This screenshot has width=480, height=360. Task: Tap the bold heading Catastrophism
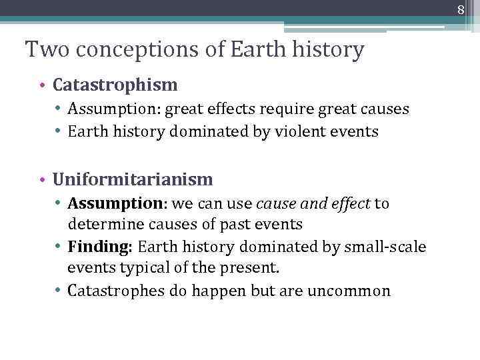pyautogui.click(x=115, y=85)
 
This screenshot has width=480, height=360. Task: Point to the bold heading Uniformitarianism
pyautogui.click(x=133, y=179)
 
